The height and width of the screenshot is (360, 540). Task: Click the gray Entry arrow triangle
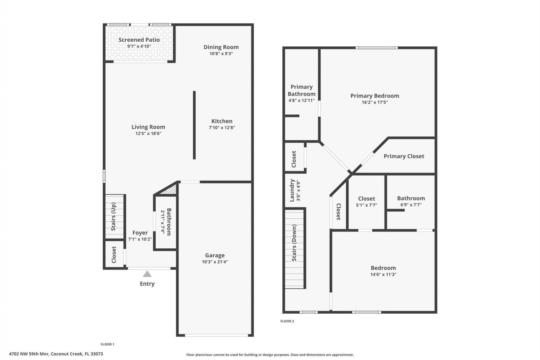pos(147,274)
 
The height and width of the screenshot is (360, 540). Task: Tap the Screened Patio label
pos(139,40)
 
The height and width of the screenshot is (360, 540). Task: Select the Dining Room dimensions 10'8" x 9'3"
pos(221,54)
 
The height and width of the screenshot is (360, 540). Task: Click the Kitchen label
pos(222,121)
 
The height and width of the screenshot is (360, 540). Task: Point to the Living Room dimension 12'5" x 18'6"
pos(148,134)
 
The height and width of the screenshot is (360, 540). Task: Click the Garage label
pos(215,255)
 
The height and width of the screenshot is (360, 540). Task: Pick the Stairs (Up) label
pos(113,217)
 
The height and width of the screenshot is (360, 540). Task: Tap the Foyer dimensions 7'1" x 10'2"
pos(140,239)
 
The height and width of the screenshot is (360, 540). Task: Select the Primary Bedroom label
pos(375,96)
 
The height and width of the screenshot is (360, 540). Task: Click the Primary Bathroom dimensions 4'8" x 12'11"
pos(301,100)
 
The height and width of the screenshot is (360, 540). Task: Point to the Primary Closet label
pos(404,156)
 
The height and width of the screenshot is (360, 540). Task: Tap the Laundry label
pos(292,190)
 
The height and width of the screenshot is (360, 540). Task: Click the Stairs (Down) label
pos(294,243)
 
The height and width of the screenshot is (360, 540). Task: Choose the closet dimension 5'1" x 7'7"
pos(366,205)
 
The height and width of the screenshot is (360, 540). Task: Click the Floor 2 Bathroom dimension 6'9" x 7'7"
pos(411,205)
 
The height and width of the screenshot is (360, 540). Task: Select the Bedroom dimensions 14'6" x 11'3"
pos(383,274)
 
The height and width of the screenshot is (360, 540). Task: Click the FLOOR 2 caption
pos(287,321)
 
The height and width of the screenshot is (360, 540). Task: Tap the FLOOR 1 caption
pos(107,344)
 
